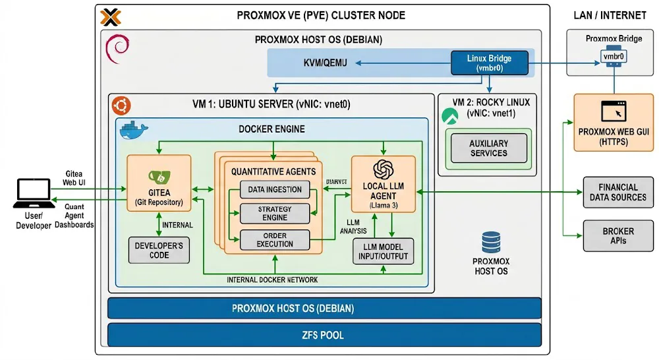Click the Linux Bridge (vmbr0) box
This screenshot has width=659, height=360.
[x=489, y=63]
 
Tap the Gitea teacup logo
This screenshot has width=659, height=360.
[x=159, y=176]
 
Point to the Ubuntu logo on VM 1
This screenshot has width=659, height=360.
[x=121, y=105]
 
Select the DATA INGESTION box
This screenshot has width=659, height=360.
[x=274, y=190]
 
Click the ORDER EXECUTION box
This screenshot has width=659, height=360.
[x=275, y=240]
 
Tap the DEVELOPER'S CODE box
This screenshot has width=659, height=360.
[x=159, y=251]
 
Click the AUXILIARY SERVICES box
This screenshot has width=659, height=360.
[x=488, y=148]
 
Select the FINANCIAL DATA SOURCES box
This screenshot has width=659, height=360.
[x=617, y=193]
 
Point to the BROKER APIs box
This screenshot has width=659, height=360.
[x=617, y=236]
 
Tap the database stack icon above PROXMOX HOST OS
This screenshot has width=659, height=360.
[x=491, y=242]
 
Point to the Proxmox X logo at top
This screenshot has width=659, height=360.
[x=109, y=16]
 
